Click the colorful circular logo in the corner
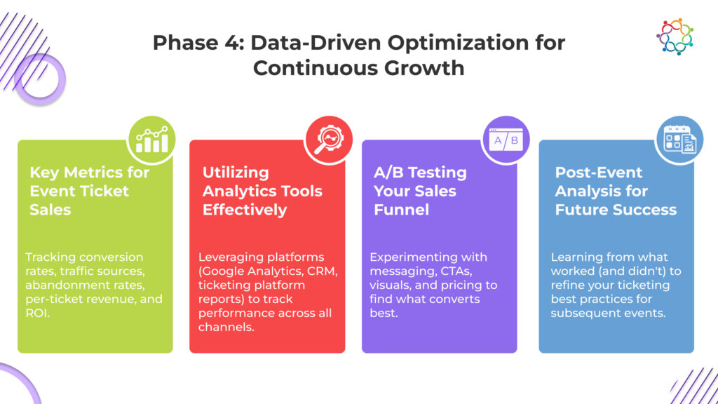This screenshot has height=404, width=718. click(x=675, y=36)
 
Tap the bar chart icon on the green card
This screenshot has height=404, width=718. click(x=151, y=140)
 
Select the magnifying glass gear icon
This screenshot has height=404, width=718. click(x=328, y=140)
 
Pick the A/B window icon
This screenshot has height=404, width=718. click(x=506, y=140)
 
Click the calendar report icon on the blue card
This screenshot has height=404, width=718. click(x=679, y=140)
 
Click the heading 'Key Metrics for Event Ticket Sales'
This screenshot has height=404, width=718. click(x=89, y=191)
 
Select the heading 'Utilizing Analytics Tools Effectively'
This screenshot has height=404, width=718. click(x=262, y=191)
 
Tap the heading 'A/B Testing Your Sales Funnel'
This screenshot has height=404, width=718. click(x=420, y=191)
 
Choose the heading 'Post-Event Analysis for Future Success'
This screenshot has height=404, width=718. click(x=616, y=191)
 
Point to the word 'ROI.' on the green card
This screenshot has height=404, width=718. click(x=38, y=314)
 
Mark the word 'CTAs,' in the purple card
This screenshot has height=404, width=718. click(x=456, y=271)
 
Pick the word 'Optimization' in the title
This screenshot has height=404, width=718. click(x=458, y=43)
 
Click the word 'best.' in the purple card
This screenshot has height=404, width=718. click(x=384, y=314)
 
